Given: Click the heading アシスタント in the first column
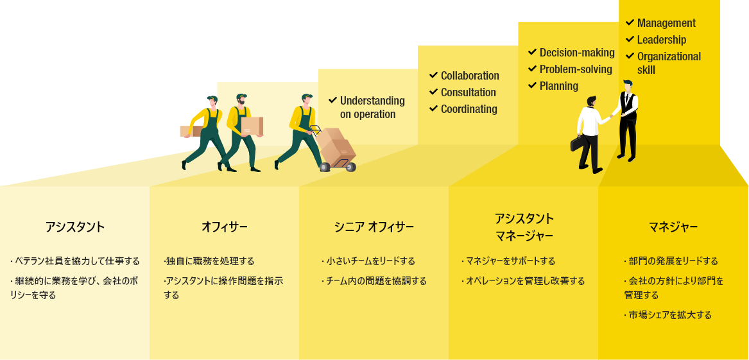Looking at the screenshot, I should point(74,227).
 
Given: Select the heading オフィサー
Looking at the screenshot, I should point(224,227).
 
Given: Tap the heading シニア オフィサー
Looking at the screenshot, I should point(374,227).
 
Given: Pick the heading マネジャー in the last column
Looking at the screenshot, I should point(673,227).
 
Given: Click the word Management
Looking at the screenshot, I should point(666,23).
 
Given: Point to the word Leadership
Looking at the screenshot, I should point(661,40).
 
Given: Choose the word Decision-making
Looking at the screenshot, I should point(576,53).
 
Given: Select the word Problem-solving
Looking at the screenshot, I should point(575,69).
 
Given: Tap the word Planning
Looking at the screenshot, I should point(558,86).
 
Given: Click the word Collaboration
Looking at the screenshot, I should point(469,76).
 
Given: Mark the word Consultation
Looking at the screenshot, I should point(468,92).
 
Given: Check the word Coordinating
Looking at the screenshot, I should point(469,109).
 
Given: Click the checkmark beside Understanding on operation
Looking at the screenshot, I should point(332,100).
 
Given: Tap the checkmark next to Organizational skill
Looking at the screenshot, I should point(630,56).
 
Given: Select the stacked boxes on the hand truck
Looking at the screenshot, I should point(336,146).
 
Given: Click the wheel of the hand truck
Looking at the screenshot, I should point(325,167).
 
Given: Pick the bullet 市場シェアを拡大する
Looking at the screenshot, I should point(670,315).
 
